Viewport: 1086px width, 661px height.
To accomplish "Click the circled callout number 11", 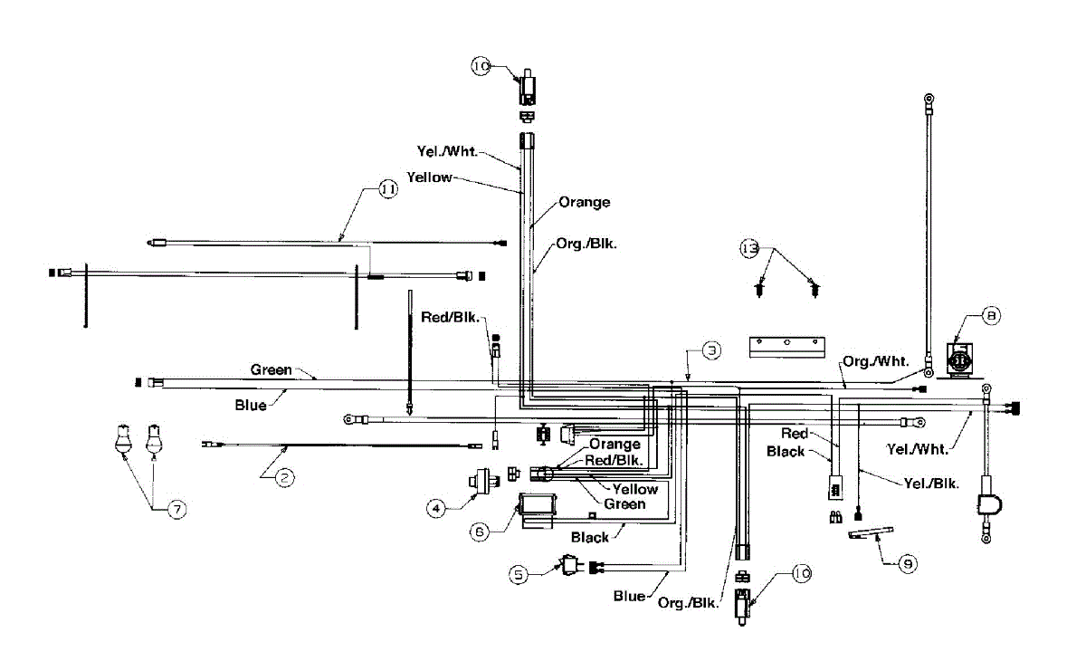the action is click(x=388, y=188).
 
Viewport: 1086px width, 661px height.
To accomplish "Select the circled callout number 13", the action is click(x=749, y=249).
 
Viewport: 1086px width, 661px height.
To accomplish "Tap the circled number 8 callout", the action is click(x=991, y=316).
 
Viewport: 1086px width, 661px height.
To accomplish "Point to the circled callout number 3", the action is click(x=711, y=350).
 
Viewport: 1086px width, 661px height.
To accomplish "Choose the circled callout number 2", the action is click(x=284, y=478).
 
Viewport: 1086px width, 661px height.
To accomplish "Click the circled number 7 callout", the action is click(x=177, y=509).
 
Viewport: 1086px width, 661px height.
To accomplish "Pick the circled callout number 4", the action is click(x=436, y=508).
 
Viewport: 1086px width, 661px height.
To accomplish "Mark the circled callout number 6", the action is click(x=480, y=532).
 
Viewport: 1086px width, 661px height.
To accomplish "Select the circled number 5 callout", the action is click(x=519, y=575).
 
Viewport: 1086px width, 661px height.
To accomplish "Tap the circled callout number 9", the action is click(x=908, y=563).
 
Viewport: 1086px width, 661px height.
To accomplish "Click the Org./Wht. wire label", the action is click(x=876, y=361).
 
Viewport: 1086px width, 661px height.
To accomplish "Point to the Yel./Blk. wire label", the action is click(x=931, y=483).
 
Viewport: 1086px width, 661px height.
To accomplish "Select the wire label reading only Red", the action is click(x=795, y=433).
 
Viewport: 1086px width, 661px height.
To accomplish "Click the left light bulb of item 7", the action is click(x=123, y=439).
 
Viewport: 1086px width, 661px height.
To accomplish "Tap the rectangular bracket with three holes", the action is click(x=786, y=347).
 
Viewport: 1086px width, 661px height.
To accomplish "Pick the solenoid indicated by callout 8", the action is click(x=959, y=360).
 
